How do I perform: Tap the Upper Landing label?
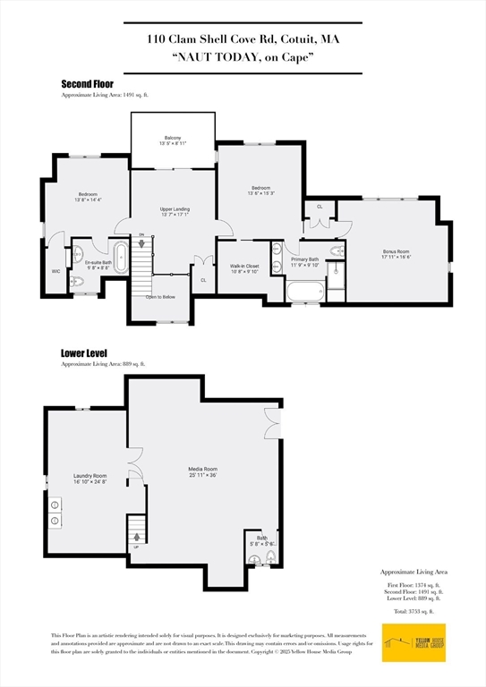(173, 211)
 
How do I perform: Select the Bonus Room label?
(396, 254)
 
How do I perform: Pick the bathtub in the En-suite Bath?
(118, 250)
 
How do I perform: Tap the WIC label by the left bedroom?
(56, 270)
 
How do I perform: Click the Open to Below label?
(161, 296)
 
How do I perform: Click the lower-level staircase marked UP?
(137, 531)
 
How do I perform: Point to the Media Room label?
(202, 471)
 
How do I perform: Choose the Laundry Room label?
(90, 479)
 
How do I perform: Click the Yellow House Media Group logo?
(413, 642)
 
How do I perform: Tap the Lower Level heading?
(85, 353)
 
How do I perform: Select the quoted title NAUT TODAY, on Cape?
(242, 57)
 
